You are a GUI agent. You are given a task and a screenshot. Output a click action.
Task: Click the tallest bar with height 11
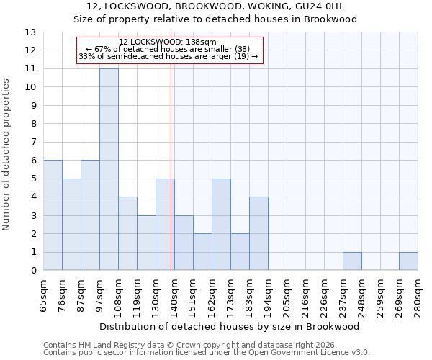click(109, 169)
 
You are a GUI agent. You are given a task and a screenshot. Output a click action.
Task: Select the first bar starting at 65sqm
click(53, 215)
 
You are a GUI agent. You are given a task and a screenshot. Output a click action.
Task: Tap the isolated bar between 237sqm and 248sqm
click(352, 261)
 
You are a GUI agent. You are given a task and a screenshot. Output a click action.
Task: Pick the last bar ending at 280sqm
click(408, 261)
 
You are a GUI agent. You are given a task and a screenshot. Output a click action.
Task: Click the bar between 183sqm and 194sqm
click(258, 234)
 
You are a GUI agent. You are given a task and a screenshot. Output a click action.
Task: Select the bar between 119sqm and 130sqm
click(146, 243)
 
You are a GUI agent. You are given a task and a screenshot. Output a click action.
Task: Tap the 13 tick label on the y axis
click(30, 32)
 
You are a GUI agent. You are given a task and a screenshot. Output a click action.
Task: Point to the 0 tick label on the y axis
click(33, 271)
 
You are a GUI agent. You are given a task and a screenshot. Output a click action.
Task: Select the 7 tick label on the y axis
click(33, 143)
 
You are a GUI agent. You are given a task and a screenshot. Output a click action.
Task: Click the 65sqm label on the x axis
click(43, 294)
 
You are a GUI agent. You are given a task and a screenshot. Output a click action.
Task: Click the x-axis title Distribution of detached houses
click(230, 326)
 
